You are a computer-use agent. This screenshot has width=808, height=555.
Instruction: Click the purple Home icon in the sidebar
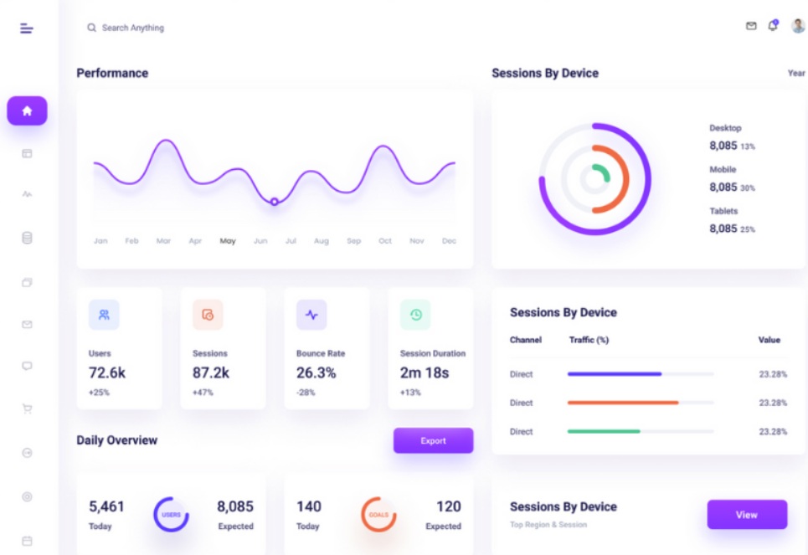(27, 110)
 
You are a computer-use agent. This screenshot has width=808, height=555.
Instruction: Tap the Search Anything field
(132, 28)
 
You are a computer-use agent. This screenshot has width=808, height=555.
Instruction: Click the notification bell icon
(773, 27)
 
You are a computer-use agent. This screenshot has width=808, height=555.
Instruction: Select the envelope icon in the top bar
(751, 27)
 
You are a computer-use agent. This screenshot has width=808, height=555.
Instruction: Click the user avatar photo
(798, 26)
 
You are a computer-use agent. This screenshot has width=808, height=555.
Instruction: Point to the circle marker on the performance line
(274, 202)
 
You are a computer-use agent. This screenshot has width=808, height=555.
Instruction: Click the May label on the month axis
(228, 241)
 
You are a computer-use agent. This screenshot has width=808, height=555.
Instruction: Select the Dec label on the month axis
(449, 241)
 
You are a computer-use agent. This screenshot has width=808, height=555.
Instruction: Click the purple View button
(747, 515)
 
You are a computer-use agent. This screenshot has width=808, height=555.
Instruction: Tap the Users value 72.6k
(107, 373)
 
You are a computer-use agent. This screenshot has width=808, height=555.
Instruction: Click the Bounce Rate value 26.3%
(317, 373)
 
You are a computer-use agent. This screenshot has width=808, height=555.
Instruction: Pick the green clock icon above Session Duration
(415, 315)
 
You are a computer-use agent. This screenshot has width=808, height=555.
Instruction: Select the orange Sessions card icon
(208, 315)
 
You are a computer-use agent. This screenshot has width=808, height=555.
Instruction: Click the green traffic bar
(604, 431)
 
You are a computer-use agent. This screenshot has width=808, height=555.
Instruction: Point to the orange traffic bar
(623, 403)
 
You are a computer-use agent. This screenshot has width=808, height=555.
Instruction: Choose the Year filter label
(796, 74)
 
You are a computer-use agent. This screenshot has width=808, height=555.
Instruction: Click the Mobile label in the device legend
(723, 170)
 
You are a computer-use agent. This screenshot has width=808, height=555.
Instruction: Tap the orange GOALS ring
(378, 515)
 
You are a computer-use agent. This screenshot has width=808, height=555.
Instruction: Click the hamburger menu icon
(27, 28)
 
